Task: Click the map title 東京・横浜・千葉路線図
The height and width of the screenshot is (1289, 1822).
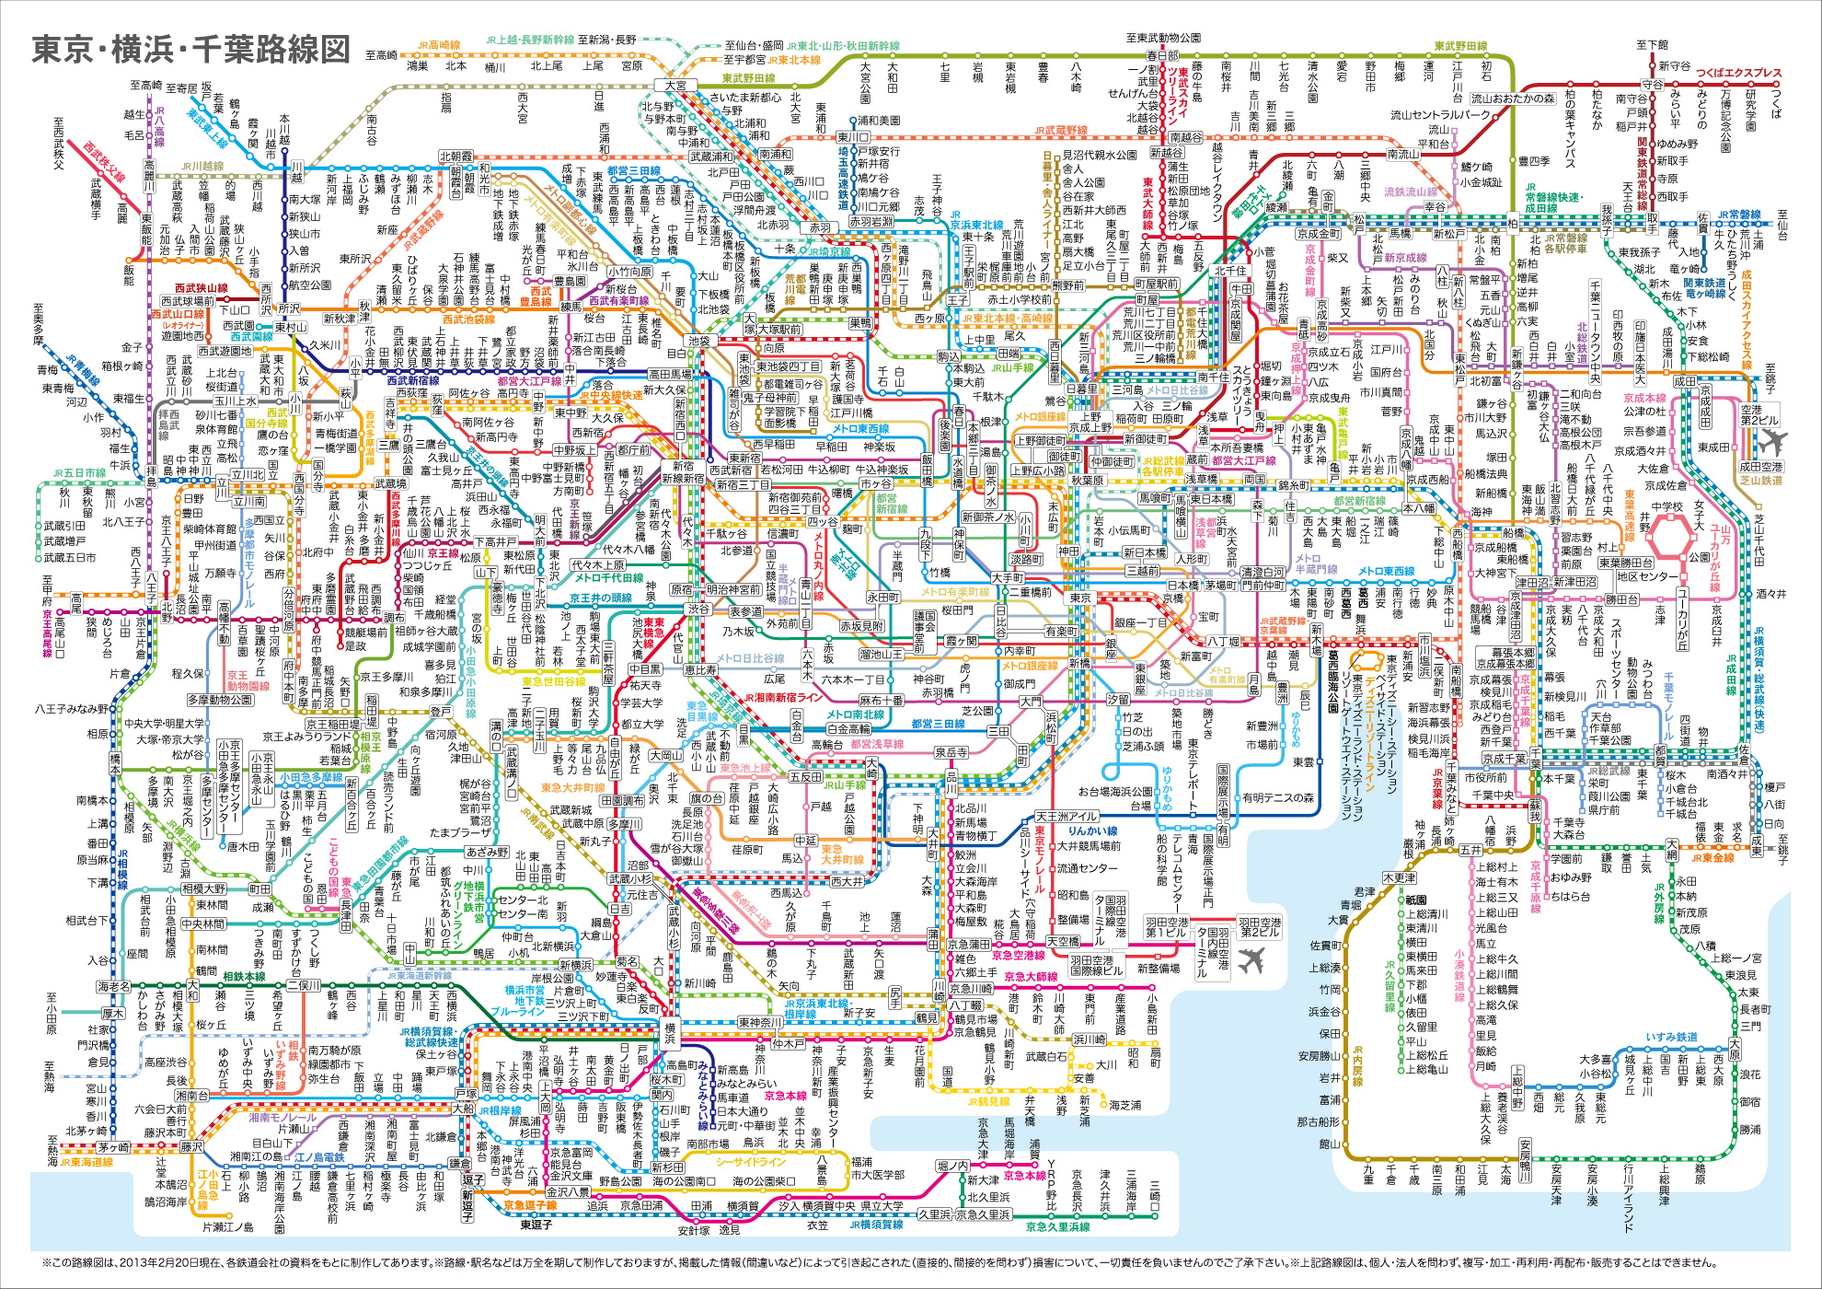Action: (x=191, y=50)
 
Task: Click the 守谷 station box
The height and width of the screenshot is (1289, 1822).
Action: (x=1653, y=85)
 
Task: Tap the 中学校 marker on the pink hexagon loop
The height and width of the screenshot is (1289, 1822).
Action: (x=1666, y=506)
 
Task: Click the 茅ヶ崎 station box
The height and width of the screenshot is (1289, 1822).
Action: (x=114, y=1147)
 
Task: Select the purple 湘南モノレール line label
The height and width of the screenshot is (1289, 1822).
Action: (x=283, y=1117)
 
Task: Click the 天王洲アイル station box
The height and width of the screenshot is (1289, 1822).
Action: (x=1067, y=816)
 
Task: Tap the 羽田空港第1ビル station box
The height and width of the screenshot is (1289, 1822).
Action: (x=1167, y=926)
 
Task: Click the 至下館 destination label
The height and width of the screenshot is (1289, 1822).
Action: (x=1652, y=44)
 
